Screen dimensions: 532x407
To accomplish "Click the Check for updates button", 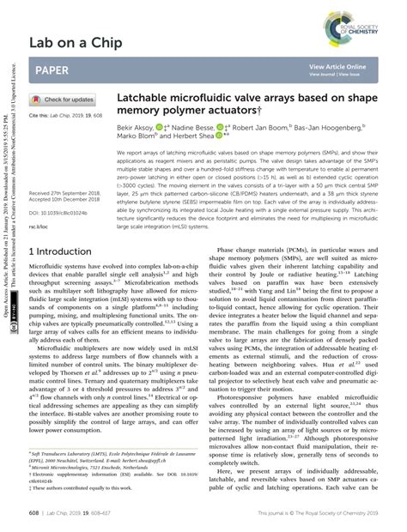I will tap(64, 100).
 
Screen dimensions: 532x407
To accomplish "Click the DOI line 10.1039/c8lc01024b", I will tap(59, 210).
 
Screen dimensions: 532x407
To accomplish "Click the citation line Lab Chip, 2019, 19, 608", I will tap(64, 115).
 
